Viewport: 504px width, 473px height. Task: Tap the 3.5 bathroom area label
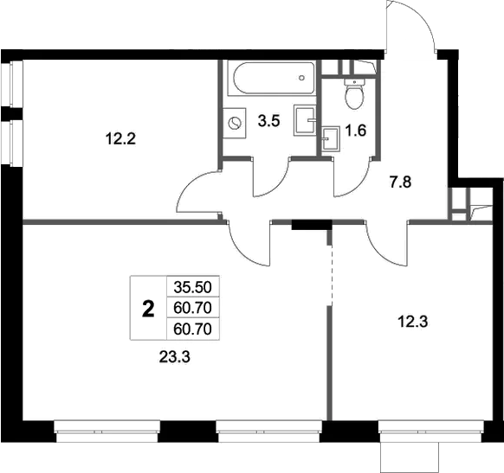click(268, 120)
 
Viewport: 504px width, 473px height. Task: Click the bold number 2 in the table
click(148, 309)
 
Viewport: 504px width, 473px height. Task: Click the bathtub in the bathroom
click(268, 80)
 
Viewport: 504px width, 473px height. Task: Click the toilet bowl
click(353, 95)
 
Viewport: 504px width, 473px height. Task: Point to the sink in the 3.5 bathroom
click(304, 119)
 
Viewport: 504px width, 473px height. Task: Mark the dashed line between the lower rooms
click(331, 272)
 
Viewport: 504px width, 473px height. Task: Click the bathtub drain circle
click(300, 76)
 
